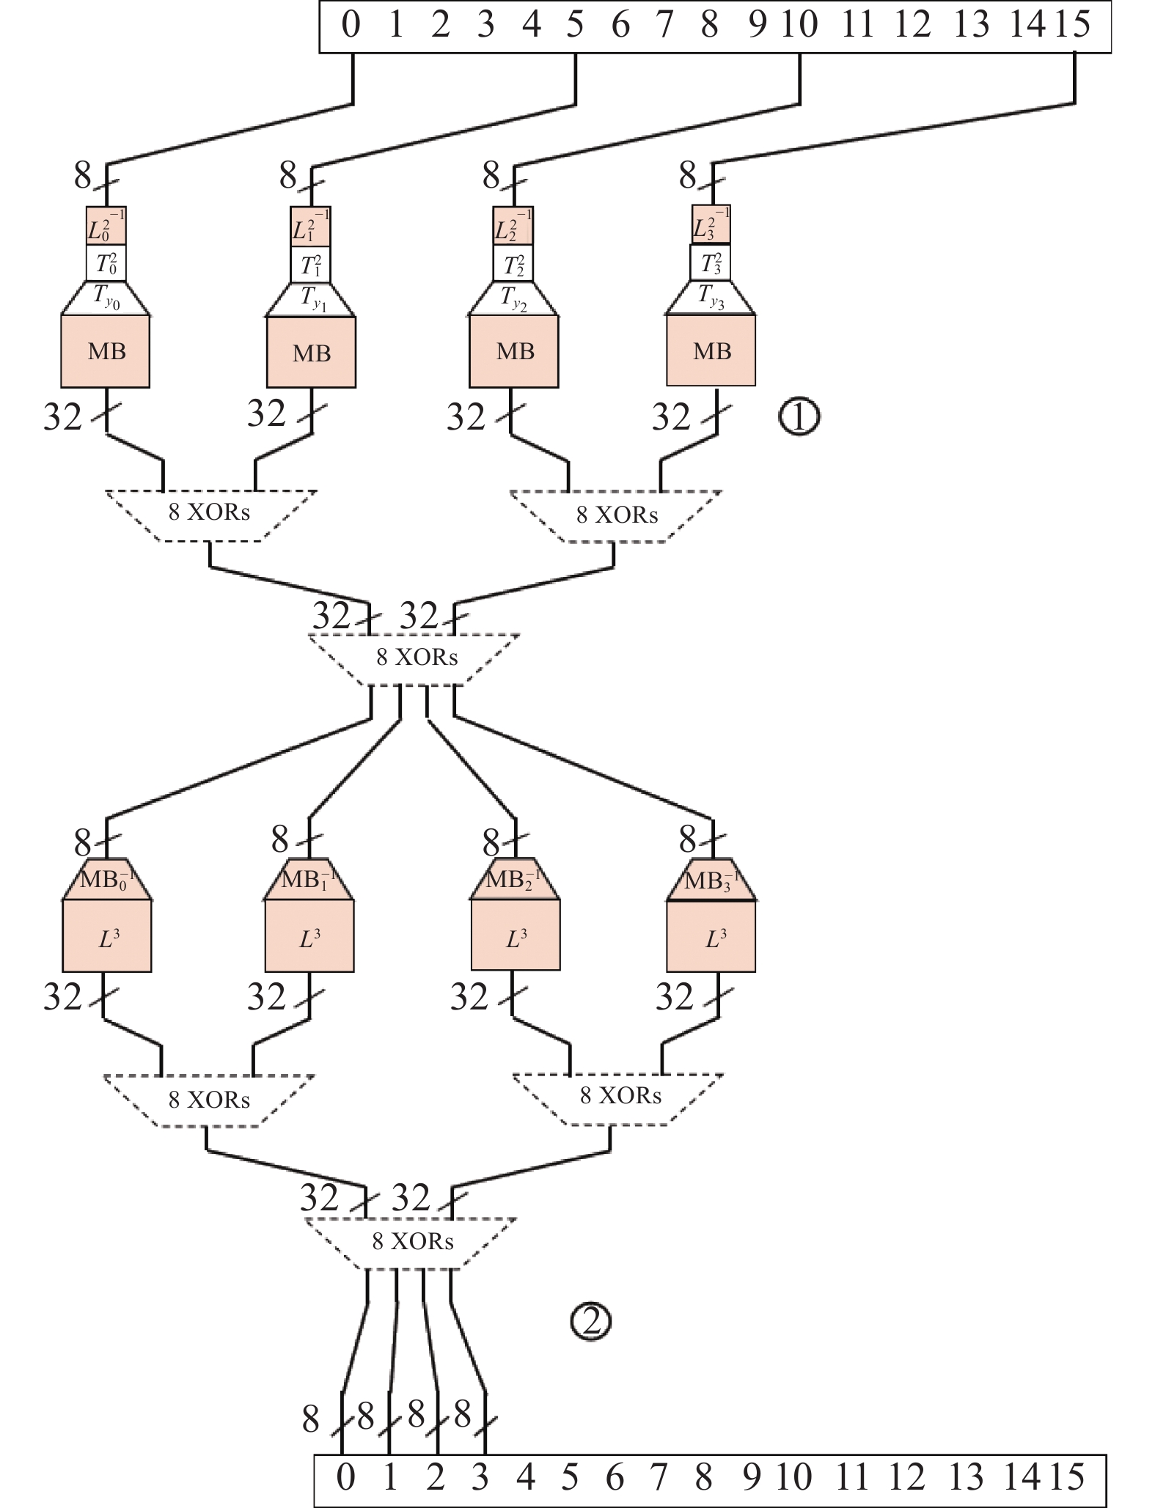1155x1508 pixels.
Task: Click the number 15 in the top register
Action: (x=1073, y=25)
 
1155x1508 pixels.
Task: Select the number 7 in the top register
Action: (x=664, y=25)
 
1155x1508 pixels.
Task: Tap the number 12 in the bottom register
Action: (x=906, y=1476)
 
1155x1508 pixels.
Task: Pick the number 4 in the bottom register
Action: (x=525, y=1476)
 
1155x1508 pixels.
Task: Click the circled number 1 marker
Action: (x=799, y=417)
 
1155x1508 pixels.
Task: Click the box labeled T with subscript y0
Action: (x=106, y=298)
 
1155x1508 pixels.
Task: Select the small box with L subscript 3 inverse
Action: (x=711, y=224)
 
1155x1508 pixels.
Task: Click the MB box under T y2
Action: (x=513, y=351)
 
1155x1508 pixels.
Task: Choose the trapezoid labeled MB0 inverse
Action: (x=107, y=879)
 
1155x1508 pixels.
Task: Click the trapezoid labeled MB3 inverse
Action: (x=711, y=879)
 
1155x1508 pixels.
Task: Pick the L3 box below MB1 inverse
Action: (x=309, y=935)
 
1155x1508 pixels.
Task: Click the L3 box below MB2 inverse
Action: (x=516, y=935)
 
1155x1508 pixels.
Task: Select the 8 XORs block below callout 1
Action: (x=616, y=516)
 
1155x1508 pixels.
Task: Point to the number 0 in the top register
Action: (x=351, y=25)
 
